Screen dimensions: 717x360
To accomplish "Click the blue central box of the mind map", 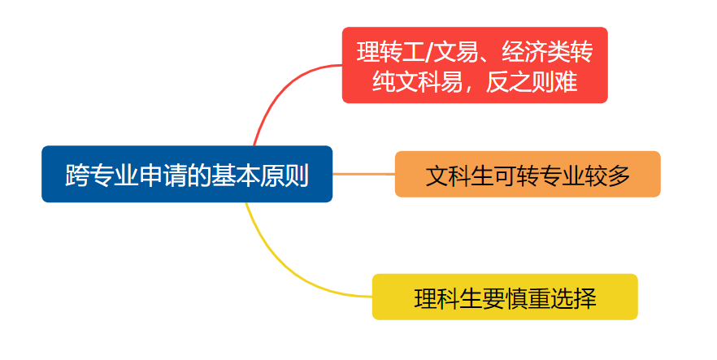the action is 187,174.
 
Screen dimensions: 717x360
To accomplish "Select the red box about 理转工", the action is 475,65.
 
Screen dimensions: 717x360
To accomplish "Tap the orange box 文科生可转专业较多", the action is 528,174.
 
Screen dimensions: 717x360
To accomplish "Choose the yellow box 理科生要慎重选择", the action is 505,297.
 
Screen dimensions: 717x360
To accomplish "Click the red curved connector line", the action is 279,89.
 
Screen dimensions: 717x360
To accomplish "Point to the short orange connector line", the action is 363,174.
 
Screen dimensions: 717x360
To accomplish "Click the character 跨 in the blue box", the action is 76,175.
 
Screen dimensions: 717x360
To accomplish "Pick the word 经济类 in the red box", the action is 536,52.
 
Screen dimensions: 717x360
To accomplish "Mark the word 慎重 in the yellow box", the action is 528,298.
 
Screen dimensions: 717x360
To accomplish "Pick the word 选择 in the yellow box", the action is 573,298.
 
